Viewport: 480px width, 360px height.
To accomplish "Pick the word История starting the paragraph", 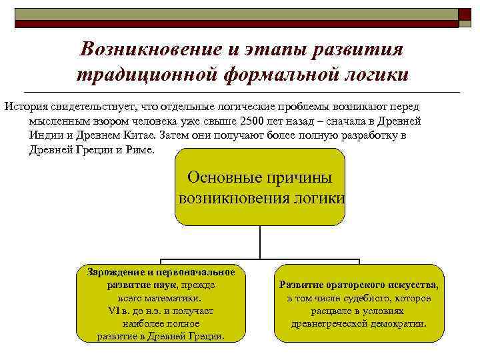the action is (x=24, y=107).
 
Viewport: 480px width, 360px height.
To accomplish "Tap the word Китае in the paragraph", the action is (x=136, y=135).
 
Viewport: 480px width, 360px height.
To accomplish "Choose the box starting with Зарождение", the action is (x=161, y=304).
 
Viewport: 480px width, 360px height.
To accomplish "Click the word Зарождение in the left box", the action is (x=111, y=272).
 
